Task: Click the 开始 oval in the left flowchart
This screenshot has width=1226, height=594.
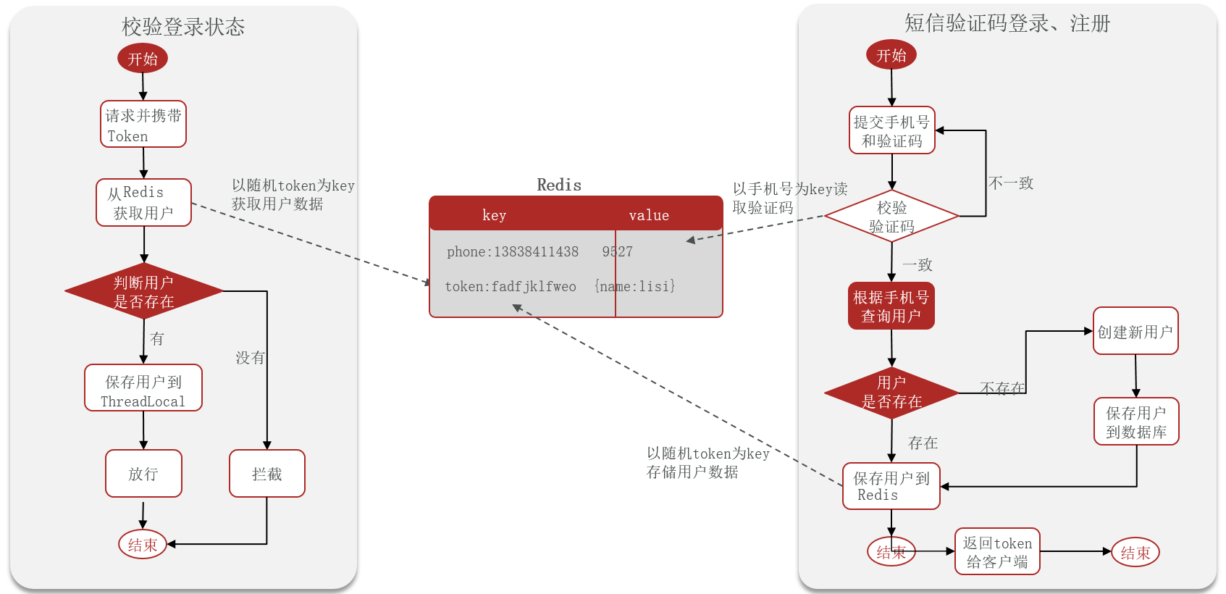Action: pos(143,59)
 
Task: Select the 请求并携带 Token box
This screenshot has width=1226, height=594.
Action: pos(143,125)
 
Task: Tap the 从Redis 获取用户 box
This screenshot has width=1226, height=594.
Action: pos(143,203)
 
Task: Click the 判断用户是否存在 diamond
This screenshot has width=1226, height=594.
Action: pos(143,291)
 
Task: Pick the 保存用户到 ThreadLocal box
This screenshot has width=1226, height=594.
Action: pos(143,388)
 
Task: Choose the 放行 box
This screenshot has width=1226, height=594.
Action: pos(143,474)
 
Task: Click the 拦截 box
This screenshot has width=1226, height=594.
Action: pos(266,474)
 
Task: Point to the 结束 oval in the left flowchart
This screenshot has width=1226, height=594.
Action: pos(143,545)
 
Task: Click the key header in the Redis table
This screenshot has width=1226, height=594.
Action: pos(495,215)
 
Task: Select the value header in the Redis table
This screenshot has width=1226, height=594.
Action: pos(649,215)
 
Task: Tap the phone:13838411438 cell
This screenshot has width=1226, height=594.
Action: pos(513,251)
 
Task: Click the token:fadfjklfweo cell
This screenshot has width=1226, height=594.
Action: pos(511,286)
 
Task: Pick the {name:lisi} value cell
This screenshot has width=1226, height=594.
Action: pos(635,286)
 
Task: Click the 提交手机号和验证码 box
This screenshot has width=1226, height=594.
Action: pos(892,131)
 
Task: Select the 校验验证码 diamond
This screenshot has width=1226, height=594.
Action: pos(891,217)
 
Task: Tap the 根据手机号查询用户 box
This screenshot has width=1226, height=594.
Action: pos(891,306)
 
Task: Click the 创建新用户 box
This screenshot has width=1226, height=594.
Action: pos(1135,332)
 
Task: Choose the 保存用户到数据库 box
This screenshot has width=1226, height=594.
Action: pos(1136,422)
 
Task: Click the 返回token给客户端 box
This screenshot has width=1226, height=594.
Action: pos(997,552)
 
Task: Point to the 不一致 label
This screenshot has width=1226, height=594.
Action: pos(1011,183)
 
